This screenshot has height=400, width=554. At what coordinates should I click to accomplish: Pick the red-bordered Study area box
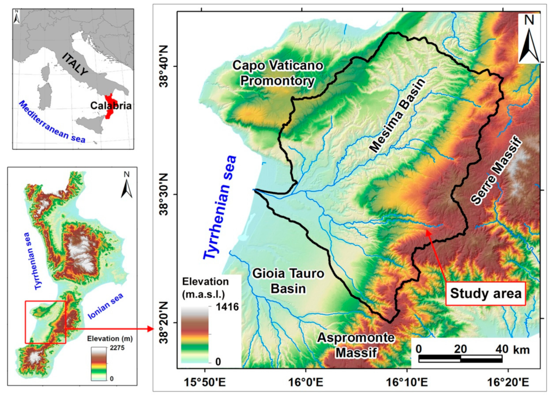[486, 293]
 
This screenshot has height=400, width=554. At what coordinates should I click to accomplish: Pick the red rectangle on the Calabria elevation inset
[45, 322]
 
